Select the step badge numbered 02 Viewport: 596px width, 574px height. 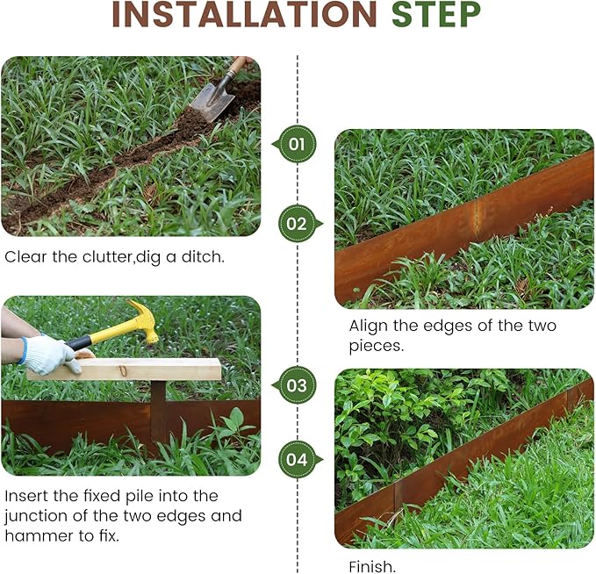(x=298, y=224)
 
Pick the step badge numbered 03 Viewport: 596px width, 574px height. (x=298, y=384)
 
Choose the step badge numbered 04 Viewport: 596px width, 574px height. (x=298, y=459)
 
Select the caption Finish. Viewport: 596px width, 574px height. (x=372, y=566)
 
